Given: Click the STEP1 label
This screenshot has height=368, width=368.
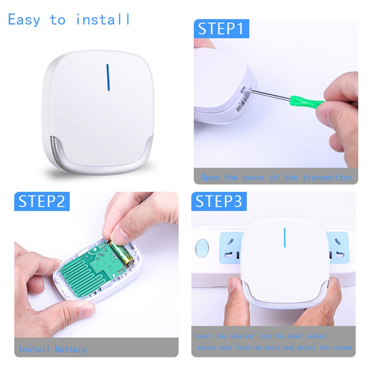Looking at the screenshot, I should (220, 29).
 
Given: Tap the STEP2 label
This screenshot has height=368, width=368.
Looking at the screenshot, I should (42, 202).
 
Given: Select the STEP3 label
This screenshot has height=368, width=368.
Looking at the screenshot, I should (218, 202).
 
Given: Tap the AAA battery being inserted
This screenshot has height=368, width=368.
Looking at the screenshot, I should (121, 253).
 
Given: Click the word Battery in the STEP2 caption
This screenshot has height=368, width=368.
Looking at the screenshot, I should (70, 350).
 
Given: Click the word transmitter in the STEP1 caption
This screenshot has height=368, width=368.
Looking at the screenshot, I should (327, 178).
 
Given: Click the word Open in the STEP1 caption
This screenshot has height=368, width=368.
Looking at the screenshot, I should (210, 178).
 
